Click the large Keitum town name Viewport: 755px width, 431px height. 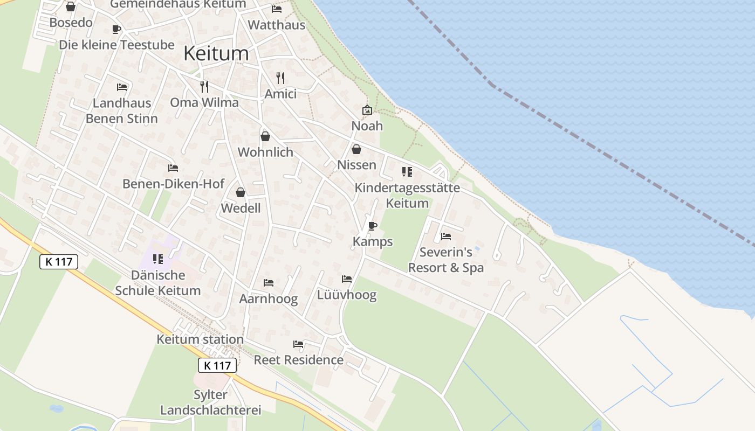tap(216, 53)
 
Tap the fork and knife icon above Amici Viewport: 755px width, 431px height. tap(280, 78)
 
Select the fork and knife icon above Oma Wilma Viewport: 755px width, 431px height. tap(204, 87)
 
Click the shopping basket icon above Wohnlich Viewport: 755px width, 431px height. tap(265, 136)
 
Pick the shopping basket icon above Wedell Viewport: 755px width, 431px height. tap(241, 192)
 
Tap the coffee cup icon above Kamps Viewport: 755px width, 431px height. tap(372, 226)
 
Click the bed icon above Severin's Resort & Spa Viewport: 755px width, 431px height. tap(445, 236)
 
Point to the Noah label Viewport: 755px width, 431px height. tap(367, 126)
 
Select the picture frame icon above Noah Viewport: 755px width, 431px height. tap(367, 110)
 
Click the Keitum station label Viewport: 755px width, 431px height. tap(200, 339)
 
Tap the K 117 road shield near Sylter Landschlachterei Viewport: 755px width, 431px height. tap(218, 365)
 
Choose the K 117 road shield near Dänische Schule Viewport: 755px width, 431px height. tap(59, 262)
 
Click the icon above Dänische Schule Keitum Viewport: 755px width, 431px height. tap(158, 259)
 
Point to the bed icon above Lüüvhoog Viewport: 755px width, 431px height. tap(347, 279)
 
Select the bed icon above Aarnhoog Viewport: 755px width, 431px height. tap(268, 283)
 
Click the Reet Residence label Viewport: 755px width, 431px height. tap(299, 360)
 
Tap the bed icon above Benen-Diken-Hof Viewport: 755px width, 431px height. tap(173, 168)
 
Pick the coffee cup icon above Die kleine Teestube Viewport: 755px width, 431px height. tap(116, 29)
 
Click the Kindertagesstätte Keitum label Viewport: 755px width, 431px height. tap(407, 196)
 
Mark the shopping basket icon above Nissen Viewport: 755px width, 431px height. tap(356, 149)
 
